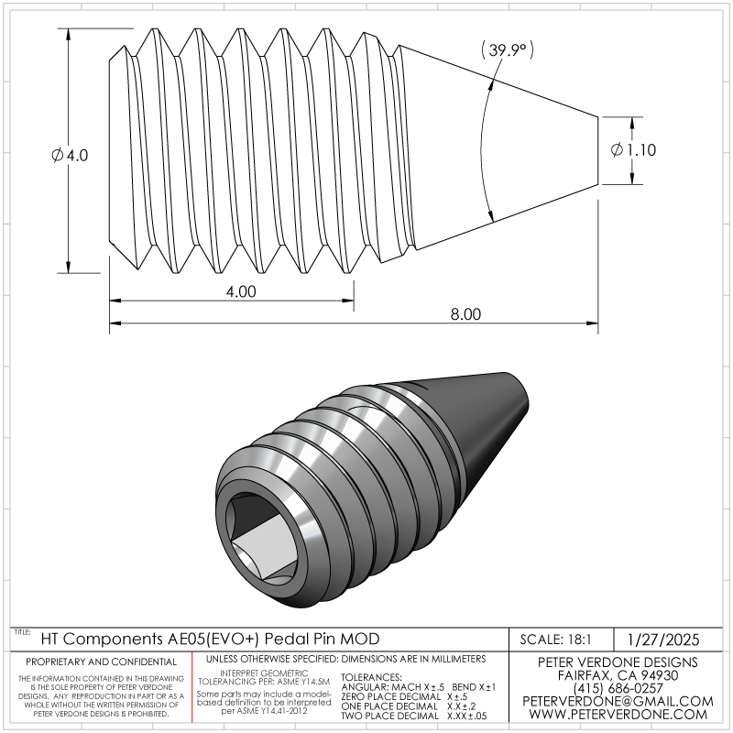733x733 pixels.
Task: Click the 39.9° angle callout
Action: click(508, 49)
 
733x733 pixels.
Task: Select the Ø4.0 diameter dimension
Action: click(70, 155)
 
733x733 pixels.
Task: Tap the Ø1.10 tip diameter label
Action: click(633, 150)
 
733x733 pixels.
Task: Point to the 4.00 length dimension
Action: click(241, 291)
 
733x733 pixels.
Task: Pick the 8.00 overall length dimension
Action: click(465, 314)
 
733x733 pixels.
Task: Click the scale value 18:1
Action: click(579, 639)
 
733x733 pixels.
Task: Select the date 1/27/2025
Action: click(662, 640)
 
